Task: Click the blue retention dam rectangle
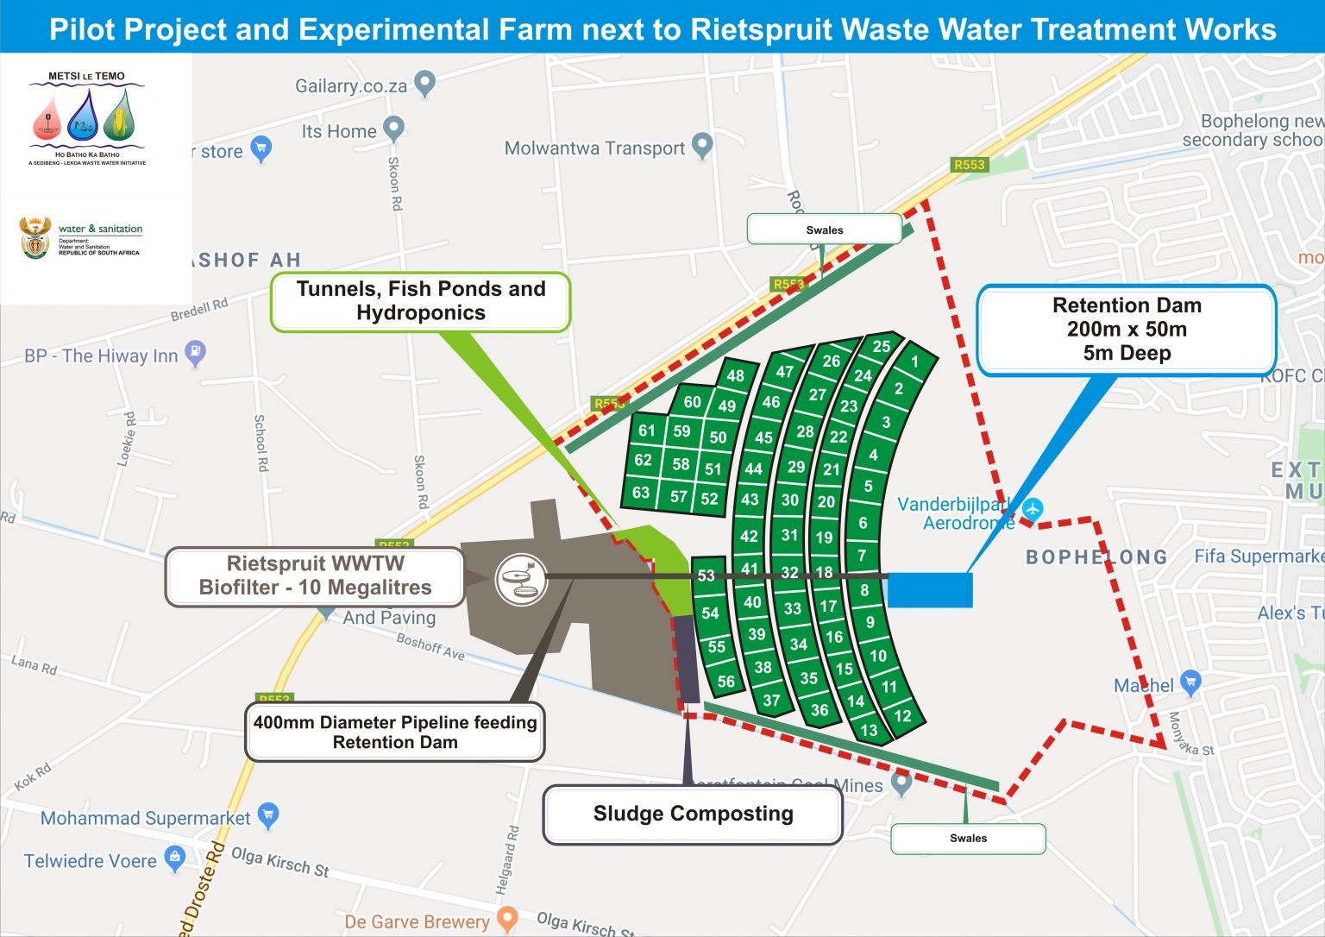[x=930, y=590]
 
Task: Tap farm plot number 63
[x=641, y=493]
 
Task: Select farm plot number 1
[x=914, y=362]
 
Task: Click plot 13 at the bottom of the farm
[x=869, y=730]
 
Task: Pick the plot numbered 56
[x=726, y=681]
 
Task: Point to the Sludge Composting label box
[x=693, y=814]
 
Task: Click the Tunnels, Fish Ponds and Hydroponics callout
[x=421, y=301]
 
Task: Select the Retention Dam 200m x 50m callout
[x=1127, y=330]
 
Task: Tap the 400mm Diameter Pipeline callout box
[x=395, y=733]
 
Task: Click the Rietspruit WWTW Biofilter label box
[x=315, y=575]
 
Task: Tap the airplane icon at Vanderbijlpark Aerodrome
[x=1033, y=508]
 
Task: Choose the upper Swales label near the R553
[x=824, y=230]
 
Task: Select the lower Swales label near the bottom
[x=968, y=838]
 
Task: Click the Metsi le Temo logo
[x=87, y=118]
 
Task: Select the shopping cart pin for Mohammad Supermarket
[x=268, y=814]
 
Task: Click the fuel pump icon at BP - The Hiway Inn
[x=196, y=352]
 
